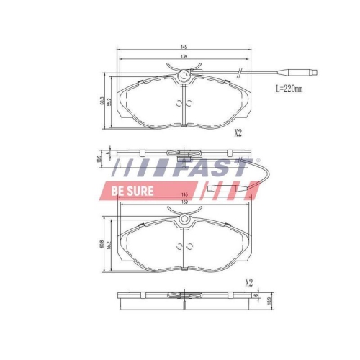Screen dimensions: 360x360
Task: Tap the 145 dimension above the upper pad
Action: point(185,48)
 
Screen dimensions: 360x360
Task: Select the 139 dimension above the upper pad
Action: point(185,57)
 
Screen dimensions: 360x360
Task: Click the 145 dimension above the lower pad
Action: point(185,196)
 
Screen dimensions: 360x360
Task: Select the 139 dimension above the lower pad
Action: point(185,204)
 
